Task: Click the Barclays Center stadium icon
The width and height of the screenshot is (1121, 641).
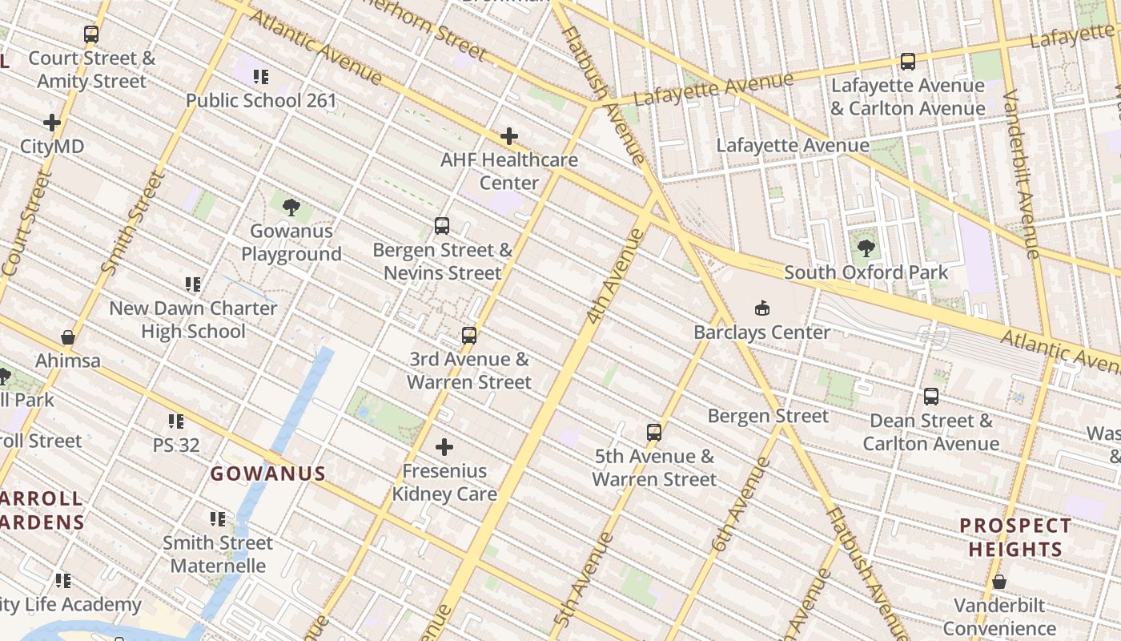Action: pos(761,308)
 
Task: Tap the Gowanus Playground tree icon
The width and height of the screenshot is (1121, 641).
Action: pos(291,208)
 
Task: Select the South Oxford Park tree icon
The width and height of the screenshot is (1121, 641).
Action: pos(866,248)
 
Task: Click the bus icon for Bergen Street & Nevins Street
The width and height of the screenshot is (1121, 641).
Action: pos(442,226)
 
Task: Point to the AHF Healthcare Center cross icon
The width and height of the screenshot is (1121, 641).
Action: pos(508,137)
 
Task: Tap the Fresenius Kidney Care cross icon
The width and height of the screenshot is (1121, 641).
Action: pos(444,447)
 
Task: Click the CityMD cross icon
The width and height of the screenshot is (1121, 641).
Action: pos(52,123)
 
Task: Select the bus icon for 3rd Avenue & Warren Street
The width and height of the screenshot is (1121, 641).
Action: pos(469,336)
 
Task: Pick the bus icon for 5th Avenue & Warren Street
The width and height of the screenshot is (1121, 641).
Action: pos(654,433)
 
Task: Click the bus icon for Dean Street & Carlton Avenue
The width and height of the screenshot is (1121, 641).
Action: pos(930,397)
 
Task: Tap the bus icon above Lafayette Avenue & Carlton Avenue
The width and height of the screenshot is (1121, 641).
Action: pos(907,62)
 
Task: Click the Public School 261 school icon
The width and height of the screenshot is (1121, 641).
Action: pos(261,77)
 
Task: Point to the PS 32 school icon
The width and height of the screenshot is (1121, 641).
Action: pos(176,421)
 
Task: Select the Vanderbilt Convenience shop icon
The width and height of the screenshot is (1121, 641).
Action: pos(998,582)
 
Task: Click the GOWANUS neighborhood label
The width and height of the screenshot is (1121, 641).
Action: pos(268,474)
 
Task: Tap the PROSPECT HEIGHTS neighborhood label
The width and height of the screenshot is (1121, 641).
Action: pos(1015,538)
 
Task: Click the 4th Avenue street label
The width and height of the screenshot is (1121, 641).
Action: pos(615,276)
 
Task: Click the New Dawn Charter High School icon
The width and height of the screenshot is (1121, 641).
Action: pos(193,284)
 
